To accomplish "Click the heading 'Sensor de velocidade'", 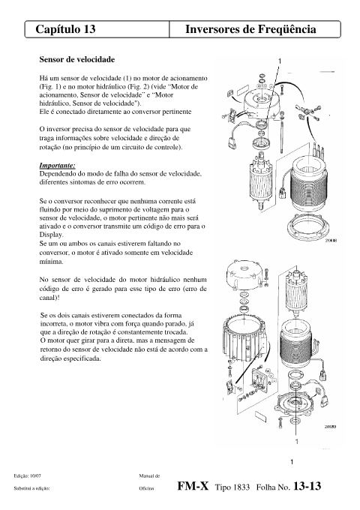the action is tap(77, 59).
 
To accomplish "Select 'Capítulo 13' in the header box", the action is tap(65, 29).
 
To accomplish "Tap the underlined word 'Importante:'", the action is tap(57, 166).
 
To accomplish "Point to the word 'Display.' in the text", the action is tap(51, 235).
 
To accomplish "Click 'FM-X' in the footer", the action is tap(193, 486).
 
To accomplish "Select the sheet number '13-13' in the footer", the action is tap(307, 486).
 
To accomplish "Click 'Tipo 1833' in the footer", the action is tap(232, 487).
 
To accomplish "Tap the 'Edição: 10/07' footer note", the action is tap(28, 475).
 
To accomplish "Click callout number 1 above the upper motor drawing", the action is tap(280, 61).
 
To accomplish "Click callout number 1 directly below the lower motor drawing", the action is tap(296, 441).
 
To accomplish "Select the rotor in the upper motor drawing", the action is tap(260, 181).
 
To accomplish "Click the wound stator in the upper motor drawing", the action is tap(308, 184).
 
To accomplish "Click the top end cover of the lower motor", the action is tap(244, 274).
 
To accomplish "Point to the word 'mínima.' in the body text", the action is tap(52, 262).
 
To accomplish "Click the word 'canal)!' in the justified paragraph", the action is tap(49, 297).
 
